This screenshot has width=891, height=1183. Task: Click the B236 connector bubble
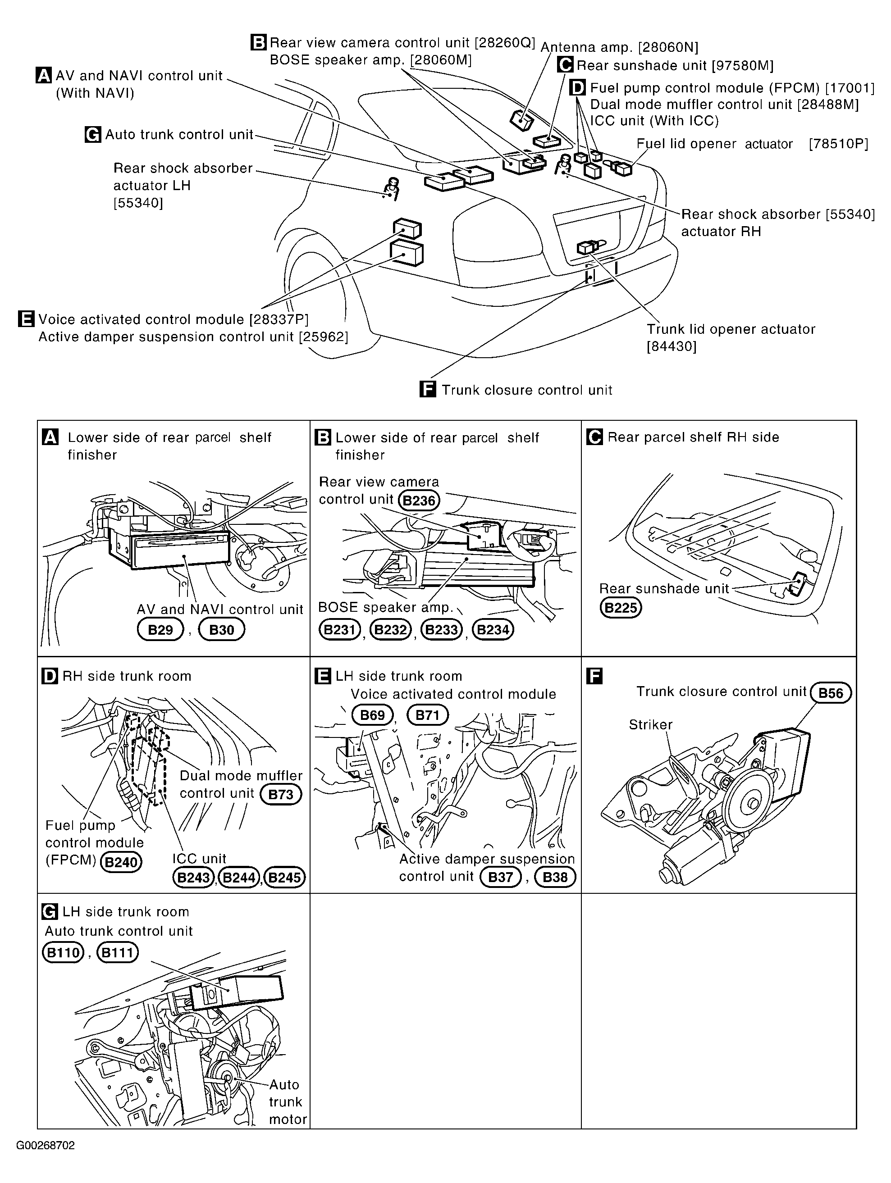pyautogui.click(x=419, y=500)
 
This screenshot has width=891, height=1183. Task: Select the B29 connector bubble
pyautogui.click(x=160, y=629)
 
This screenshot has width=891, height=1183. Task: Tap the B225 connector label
pyautogui.click(x=620, y=608)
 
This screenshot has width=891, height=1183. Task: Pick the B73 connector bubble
pyautogui.click(x=280, y=794)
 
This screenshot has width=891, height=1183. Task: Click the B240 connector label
pyautogui.click(x=122, y=862)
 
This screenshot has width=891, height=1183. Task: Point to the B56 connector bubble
pyautogui.click(x=831, y=693)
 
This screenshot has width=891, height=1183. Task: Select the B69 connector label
pyautogui.click(x=372, y=715)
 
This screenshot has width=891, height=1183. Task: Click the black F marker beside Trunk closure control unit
pyautogui.click(x=428, y=389)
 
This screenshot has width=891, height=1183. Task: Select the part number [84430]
pyautogui.click(x=672, y=346)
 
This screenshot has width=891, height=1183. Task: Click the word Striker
pyautogui.click(x=650, y=725)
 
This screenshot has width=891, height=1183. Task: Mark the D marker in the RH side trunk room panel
pyautogui.click(x=49, y=676)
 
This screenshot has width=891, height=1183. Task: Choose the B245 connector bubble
pyautogui.click(x=285, y=878)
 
